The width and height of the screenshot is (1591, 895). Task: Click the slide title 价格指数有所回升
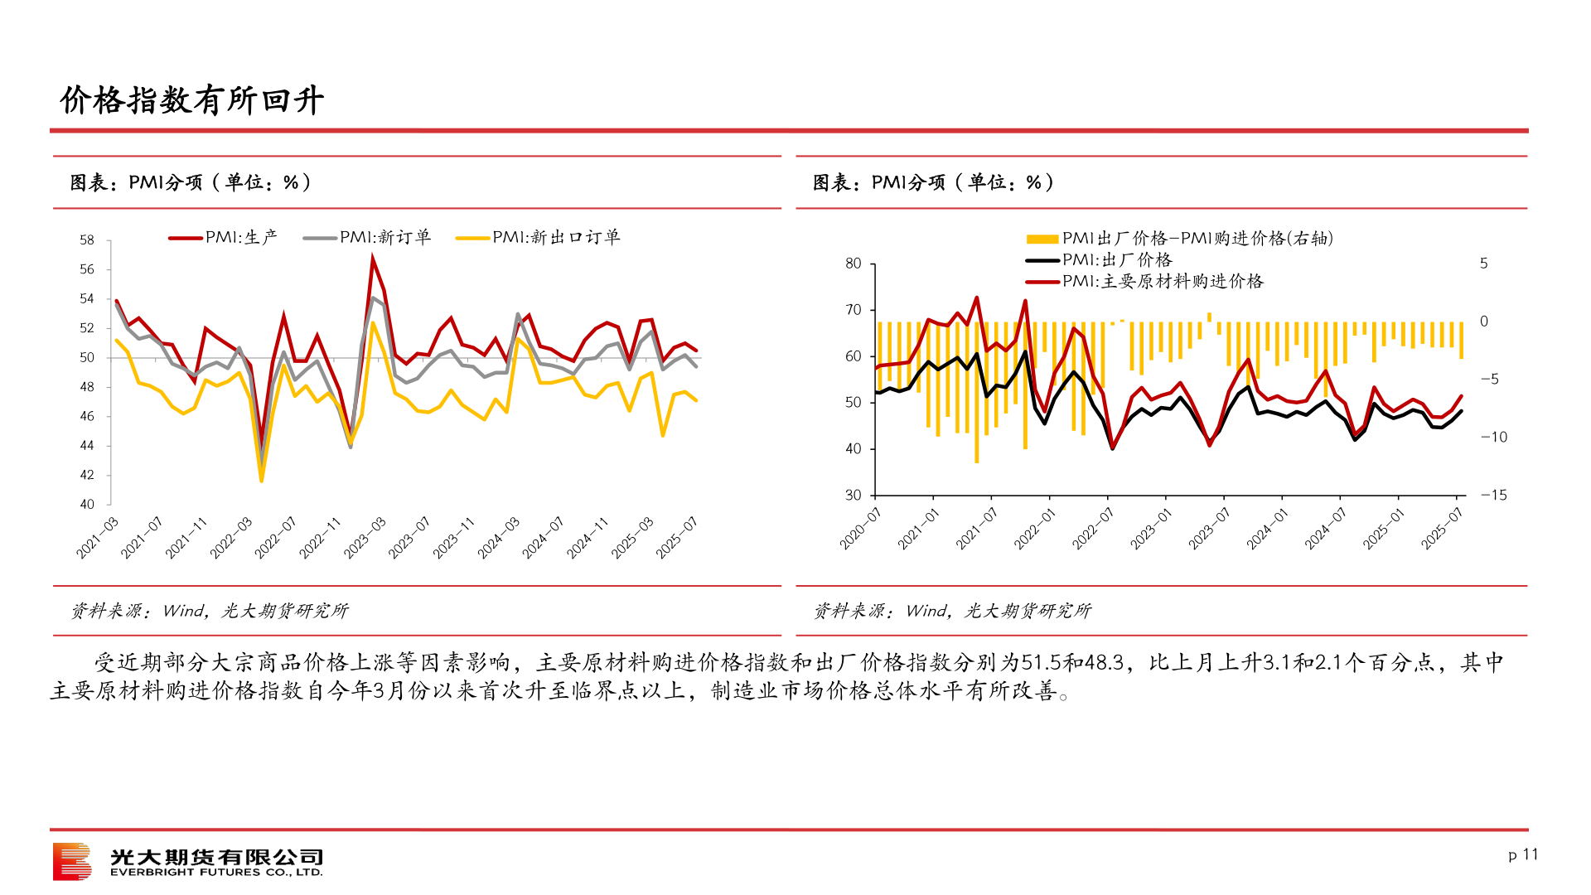191,100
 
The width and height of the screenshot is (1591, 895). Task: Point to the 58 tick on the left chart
87,240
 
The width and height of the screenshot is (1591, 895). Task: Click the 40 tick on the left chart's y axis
87,504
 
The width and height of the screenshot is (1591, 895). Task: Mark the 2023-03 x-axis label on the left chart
365,537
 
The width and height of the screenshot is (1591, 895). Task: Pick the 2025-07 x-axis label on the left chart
677,537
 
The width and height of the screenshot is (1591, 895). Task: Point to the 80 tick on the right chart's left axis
854,264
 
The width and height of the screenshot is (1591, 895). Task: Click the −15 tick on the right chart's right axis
1493,496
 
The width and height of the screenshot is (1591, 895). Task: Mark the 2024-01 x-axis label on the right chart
1268,529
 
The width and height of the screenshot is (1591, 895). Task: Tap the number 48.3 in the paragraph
1105,663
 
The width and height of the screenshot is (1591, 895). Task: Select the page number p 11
1523,854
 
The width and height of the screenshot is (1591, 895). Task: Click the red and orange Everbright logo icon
72,862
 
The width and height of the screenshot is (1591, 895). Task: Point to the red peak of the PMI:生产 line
372,258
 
